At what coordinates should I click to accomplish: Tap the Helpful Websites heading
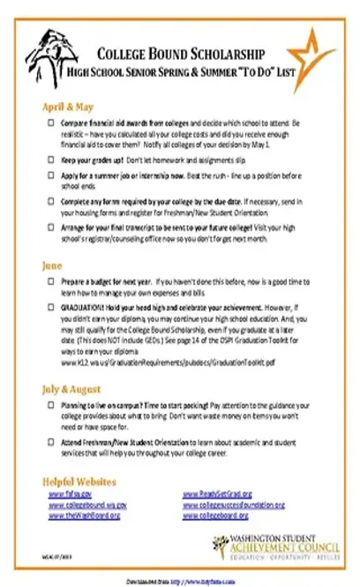[79, 481]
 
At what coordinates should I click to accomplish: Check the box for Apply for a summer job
[51, 176]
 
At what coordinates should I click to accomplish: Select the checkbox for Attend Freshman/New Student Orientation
[51, 439]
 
